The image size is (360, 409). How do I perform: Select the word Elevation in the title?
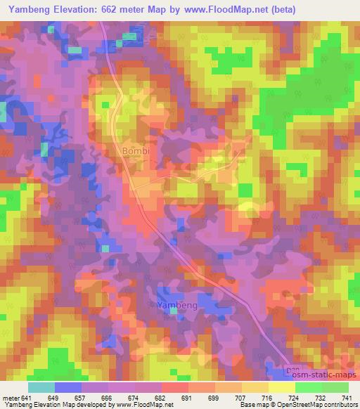[x=86, y=9]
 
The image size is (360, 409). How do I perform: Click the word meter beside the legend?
[x=11, y=397]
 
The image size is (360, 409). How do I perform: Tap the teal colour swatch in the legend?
[x=41, y=387]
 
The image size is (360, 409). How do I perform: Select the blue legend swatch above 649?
[x=68, y=387]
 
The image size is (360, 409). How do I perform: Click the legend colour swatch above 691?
[x=174, y=387]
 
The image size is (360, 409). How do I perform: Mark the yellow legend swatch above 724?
[x=281, y=387]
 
